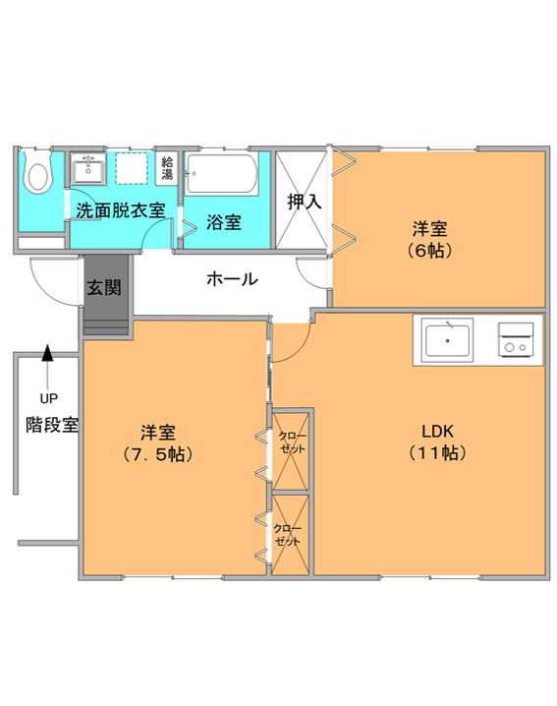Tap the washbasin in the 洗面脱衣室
(88, 169)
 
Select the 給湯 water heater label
(167, 168)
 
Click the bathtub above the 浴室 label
(221, 174)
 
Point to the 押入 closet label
(305, 202)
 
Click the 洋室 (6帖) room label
(429, 239)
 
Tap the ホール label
(232, 279)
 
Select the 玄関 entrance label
(104, 287)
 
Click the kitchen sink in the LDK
(447, 340)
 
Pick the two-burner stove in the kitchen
(516, 340)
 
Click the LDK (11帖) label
(437, 441)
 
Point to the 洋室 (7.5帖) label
(157, 443)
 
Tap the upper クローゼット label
(292, 442)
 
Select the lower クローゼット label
(287, 535)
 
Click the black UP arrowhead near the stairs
(47, 353)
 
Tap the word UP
(48, 398)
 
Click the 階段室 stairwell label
(52, 425)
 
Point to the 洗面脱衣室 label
(121, 210)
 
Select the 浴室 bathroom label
(224, 222)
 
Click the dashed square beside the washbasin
(132, 168)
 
